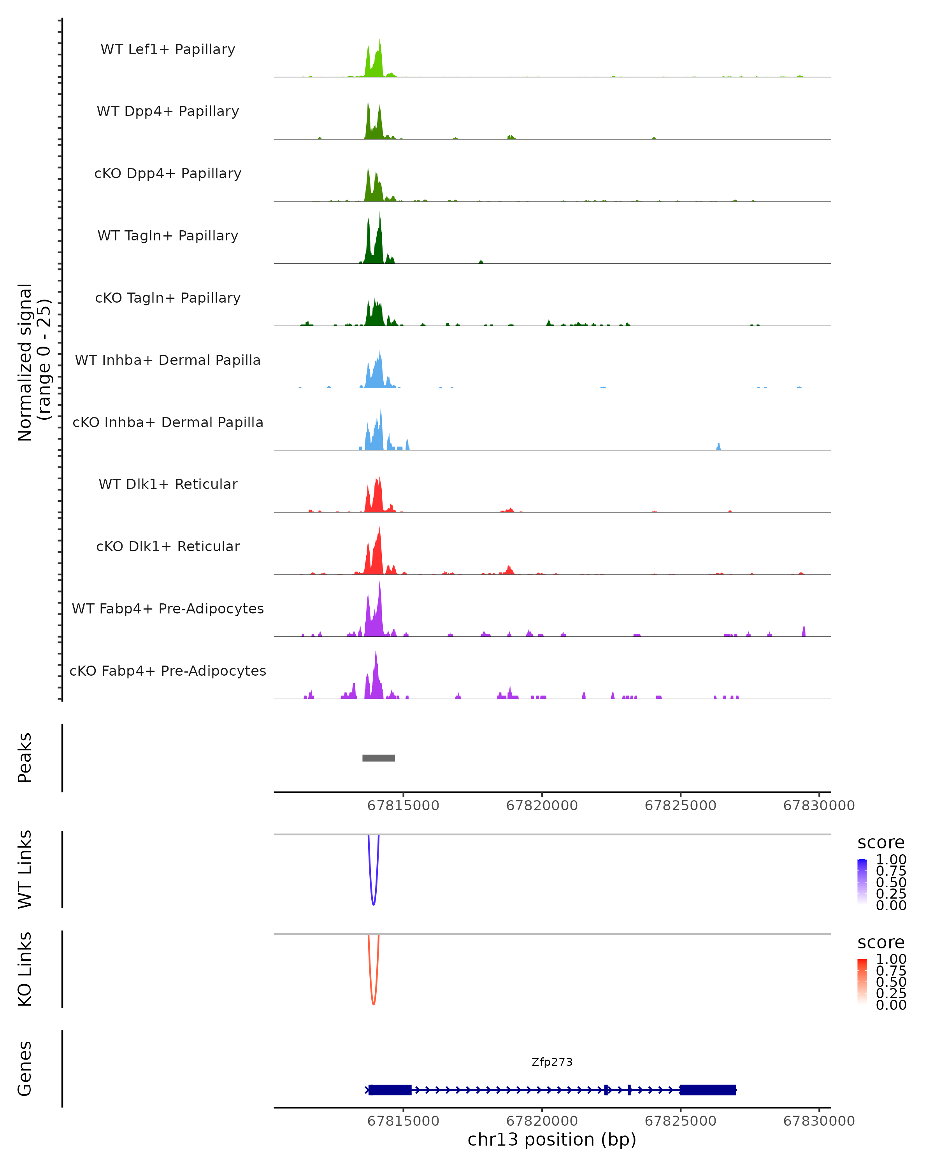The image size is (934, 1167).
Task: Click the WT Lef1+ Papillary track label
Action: [x=168, y=49]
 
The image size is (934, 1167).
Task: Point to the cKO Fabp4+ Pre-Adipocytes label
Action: [x=168, y=671]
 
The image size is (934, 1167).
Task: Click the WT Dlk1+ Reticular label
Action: [x=168, y=484]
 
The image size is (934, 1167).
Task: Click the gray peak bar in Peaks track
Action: [x=379, y=758]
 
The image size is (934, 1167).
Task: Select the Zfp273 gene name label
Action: [x=552, y=1062]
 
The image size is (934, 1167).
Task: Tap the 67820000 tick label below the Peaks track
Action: [x=542, y=806]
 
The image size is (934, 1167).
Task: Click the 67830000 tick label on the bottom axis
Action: [x=819, y=1121]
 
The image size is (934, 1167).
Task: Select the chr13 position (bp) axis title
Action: [x=552, y=1139]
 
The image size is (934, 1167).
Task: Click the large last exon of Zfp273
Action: [x=708, y=1090]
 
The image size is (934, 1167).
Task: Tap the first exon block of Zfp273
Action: [x=390, y=1090]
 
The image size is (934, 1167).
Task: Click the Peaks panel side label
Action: [x=25, y=758]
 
